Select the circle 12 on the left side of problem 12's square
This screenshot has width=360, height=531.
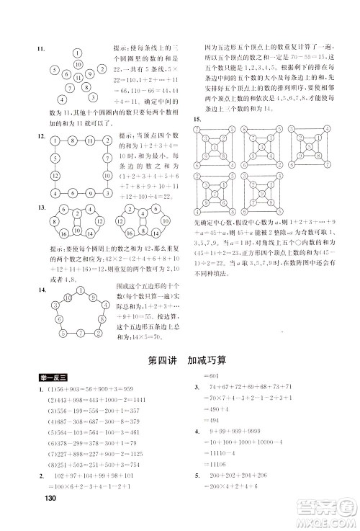pyautogui.click(x=53, y=175)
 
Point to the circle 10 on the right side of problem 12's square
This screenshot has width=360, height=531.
pyautogui.click(x=107, y=175)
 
